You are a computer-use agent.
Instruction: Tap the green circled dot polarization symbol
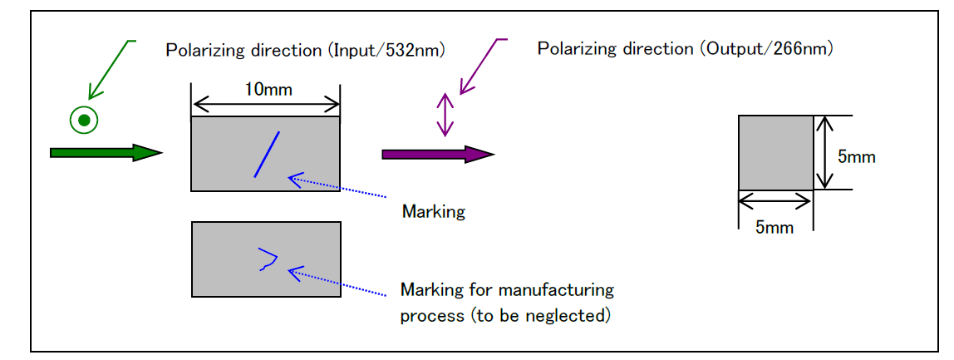pyautogui.click(x=84, y=121)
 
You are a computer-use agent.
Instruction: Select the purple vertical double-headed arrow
pyautogui.click(x=446, y=115)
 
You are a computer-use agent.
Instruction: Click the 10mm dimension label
pyautogui.click(x=268, y=89)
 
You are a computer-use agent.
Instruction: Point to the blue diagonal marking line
pyautogui.click(x=267, y=154)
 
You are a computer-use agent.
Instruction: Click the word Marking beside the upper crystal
pyautogui.click(x=433, y=211)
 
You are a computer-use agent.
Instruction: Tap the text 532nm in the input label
pyautogui.click(x=415, y=50)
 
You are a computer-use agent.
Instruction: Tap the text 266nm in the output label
pyautogui.click(x=801, y=48)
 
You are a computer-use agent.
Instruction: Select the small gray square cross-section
pyautogui.click(x=775, y=153)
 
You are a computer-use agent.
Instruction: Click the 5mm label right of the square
pyautogui.click(x=856, y=156)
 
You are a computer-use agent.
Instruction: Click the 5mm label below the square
pyautogui.click(x=774, y=227)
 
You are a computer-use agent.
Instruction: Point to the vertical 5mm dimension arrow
pyautogui.click(x=824, y=153)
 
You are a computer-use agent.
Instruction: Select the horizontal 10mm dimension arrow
pyautogui.click(x=266, y=105)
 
